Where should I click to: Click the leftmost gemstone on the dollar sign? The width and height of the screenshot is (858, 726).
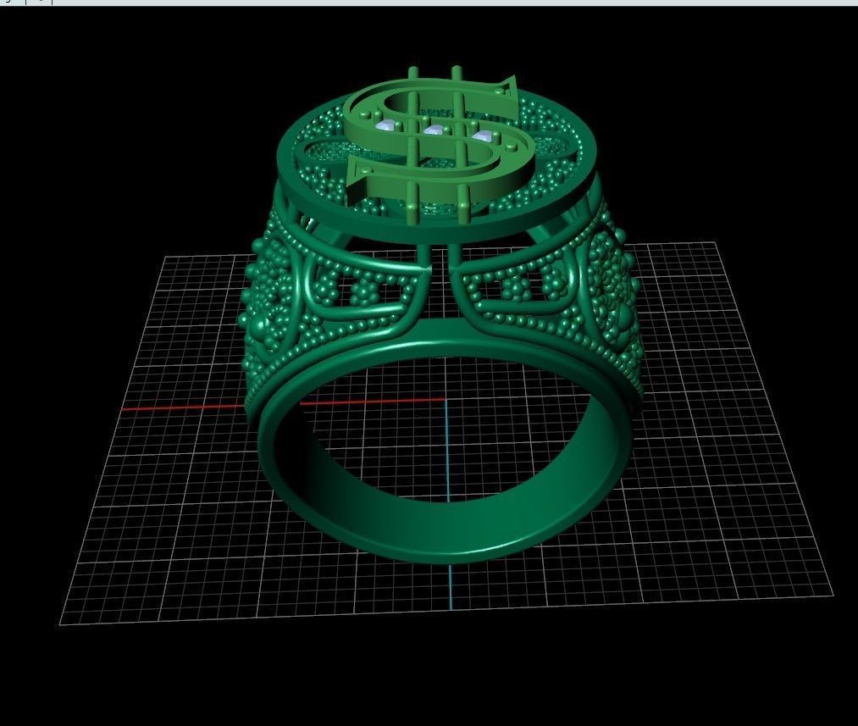pyautogui.click(x=385, y=126)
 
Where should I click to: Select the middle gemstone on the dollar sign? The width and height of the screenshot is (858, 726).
pyautogui.click(x=435, y=130)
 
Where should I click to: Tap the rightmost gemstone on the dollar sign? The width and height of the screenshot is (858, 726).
pyautogui.click(x=483, y=136)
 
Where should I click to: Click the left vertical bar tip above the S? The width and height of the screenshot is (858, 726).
pyautogui.click(x=413, y=70)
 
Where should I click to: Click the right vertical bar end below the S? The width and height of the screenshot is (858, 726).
pyautogui.click(x=463, y=204)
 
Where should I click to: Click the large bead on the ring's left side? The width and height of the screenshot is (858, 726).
pyautogui.click(x=246, y=296)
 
